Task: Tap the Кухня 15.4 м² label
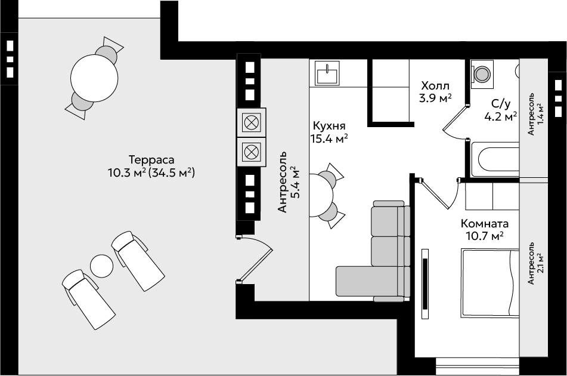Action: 329,132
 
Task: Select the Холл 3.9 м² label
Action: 435,92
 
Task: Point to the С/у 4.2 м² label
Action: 501,110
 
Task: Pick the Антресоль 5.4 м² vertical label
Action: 288,182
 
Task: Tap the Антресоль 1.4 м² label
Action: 536,114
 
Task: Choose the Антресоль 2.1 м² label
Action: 536,263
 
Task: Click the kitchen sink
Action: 327,73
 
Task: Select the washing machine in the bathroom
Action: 482,74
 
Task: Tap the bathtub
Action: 495,159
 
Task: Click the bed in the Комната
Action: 490,283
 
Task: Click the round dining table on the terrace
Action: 94,78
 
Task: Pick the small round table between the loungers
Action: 101,266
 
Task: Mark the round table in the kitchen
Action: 321,195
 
